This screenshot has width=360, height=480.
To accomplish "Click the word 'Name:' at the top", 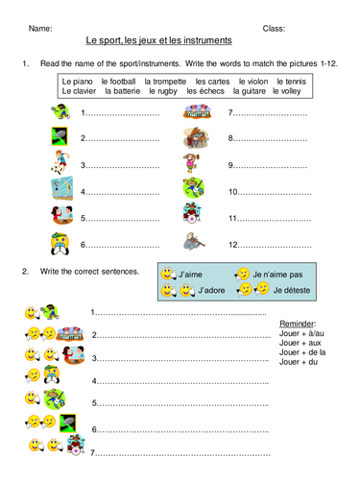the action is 40,29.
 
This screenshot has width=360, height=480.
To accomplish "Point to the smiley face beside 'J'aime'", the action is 168,275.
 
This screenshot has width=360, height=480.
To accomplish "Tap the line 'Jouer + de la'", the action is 300,351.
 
